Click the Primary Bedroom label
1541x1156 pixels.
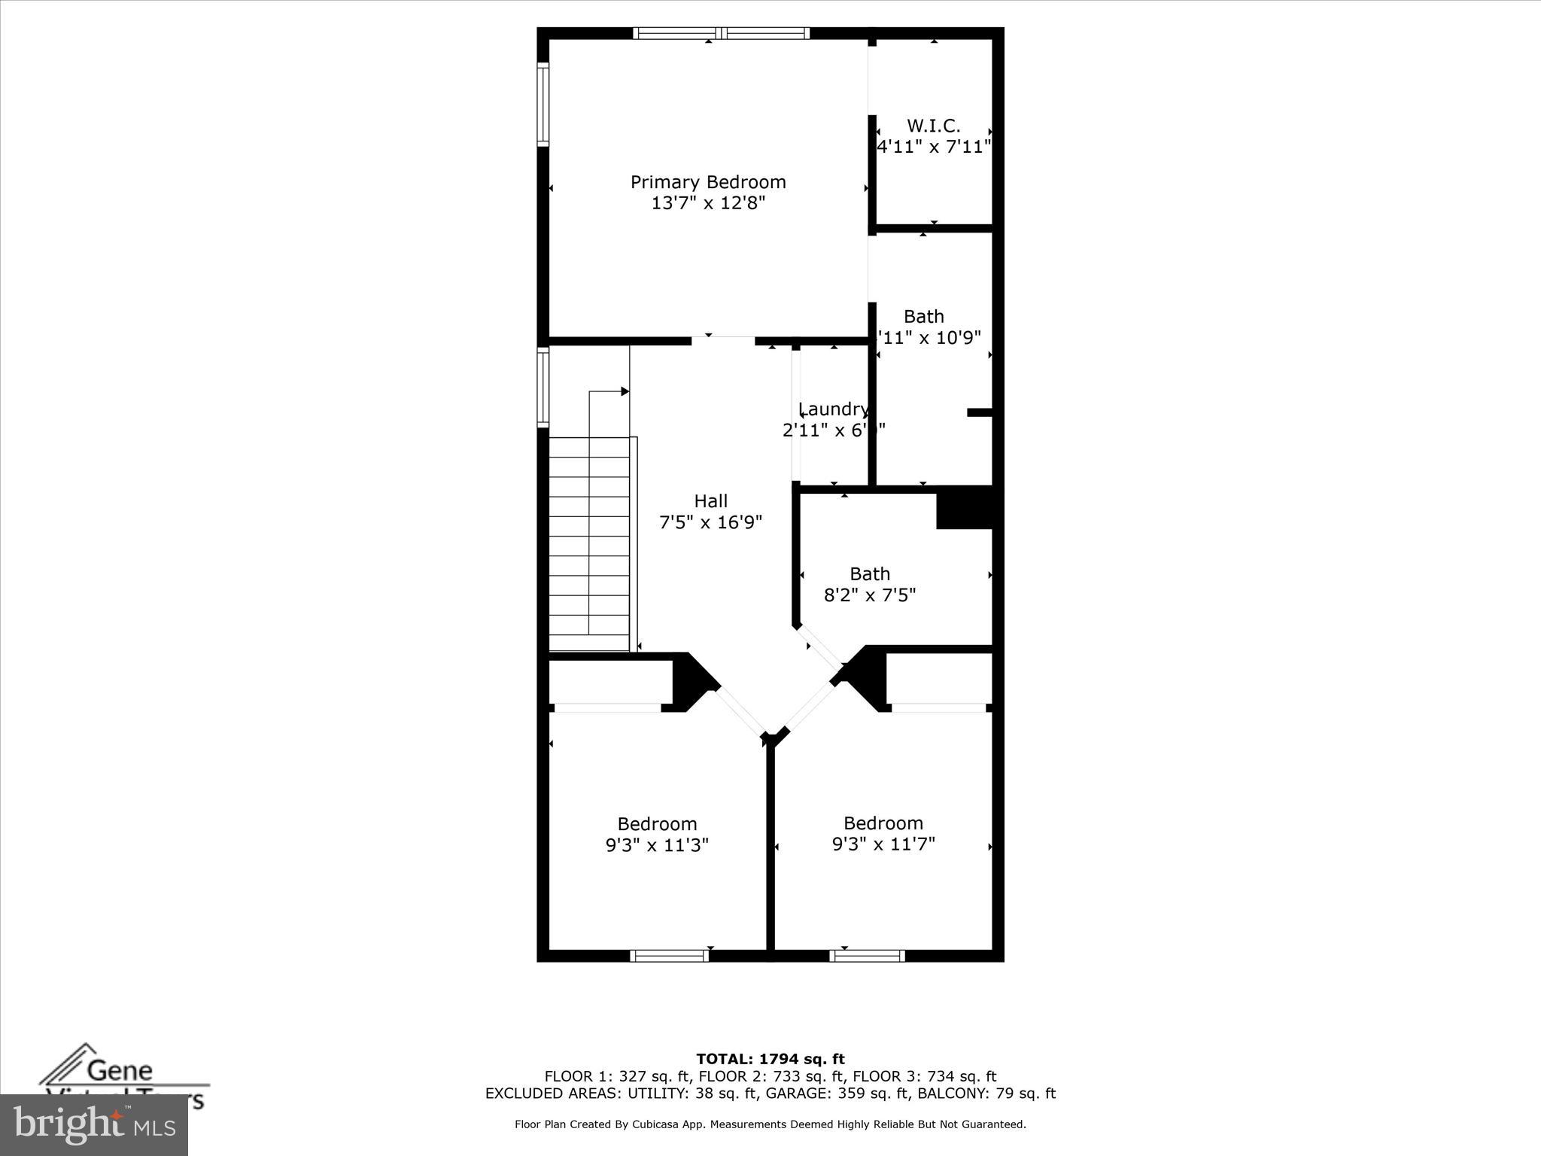(708, 182)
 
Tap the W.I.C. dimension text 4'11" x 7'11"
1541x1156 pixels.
(934, 147)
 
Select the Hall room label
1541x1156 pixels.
(710, 501)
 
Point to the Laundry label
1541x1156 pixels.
(833, 409)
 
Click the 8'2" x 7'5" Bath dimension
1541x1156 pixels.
(870, 595)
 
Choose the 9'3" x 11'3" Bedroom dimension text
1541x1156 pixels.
(657, 845)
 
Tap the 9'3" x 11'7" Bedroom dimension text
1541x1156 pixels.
(883, 844)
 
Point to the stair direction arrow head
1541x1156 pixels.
(625, 391)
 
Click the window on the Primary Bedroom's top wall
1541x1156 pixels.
(721, 33)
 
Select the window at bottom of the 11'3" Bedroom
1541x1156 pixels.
(670, 956)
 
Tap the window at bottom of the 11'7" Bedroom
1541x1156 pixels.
(867, 956)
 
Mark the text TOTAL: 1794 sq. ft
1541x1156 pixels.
(770, 1059)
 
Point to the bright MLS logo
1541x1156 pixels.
(94, 1125)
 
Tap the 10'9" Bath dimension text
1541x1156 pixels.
(931, 338)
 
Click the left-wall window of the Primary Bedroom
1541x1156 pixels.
(543, 104)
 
